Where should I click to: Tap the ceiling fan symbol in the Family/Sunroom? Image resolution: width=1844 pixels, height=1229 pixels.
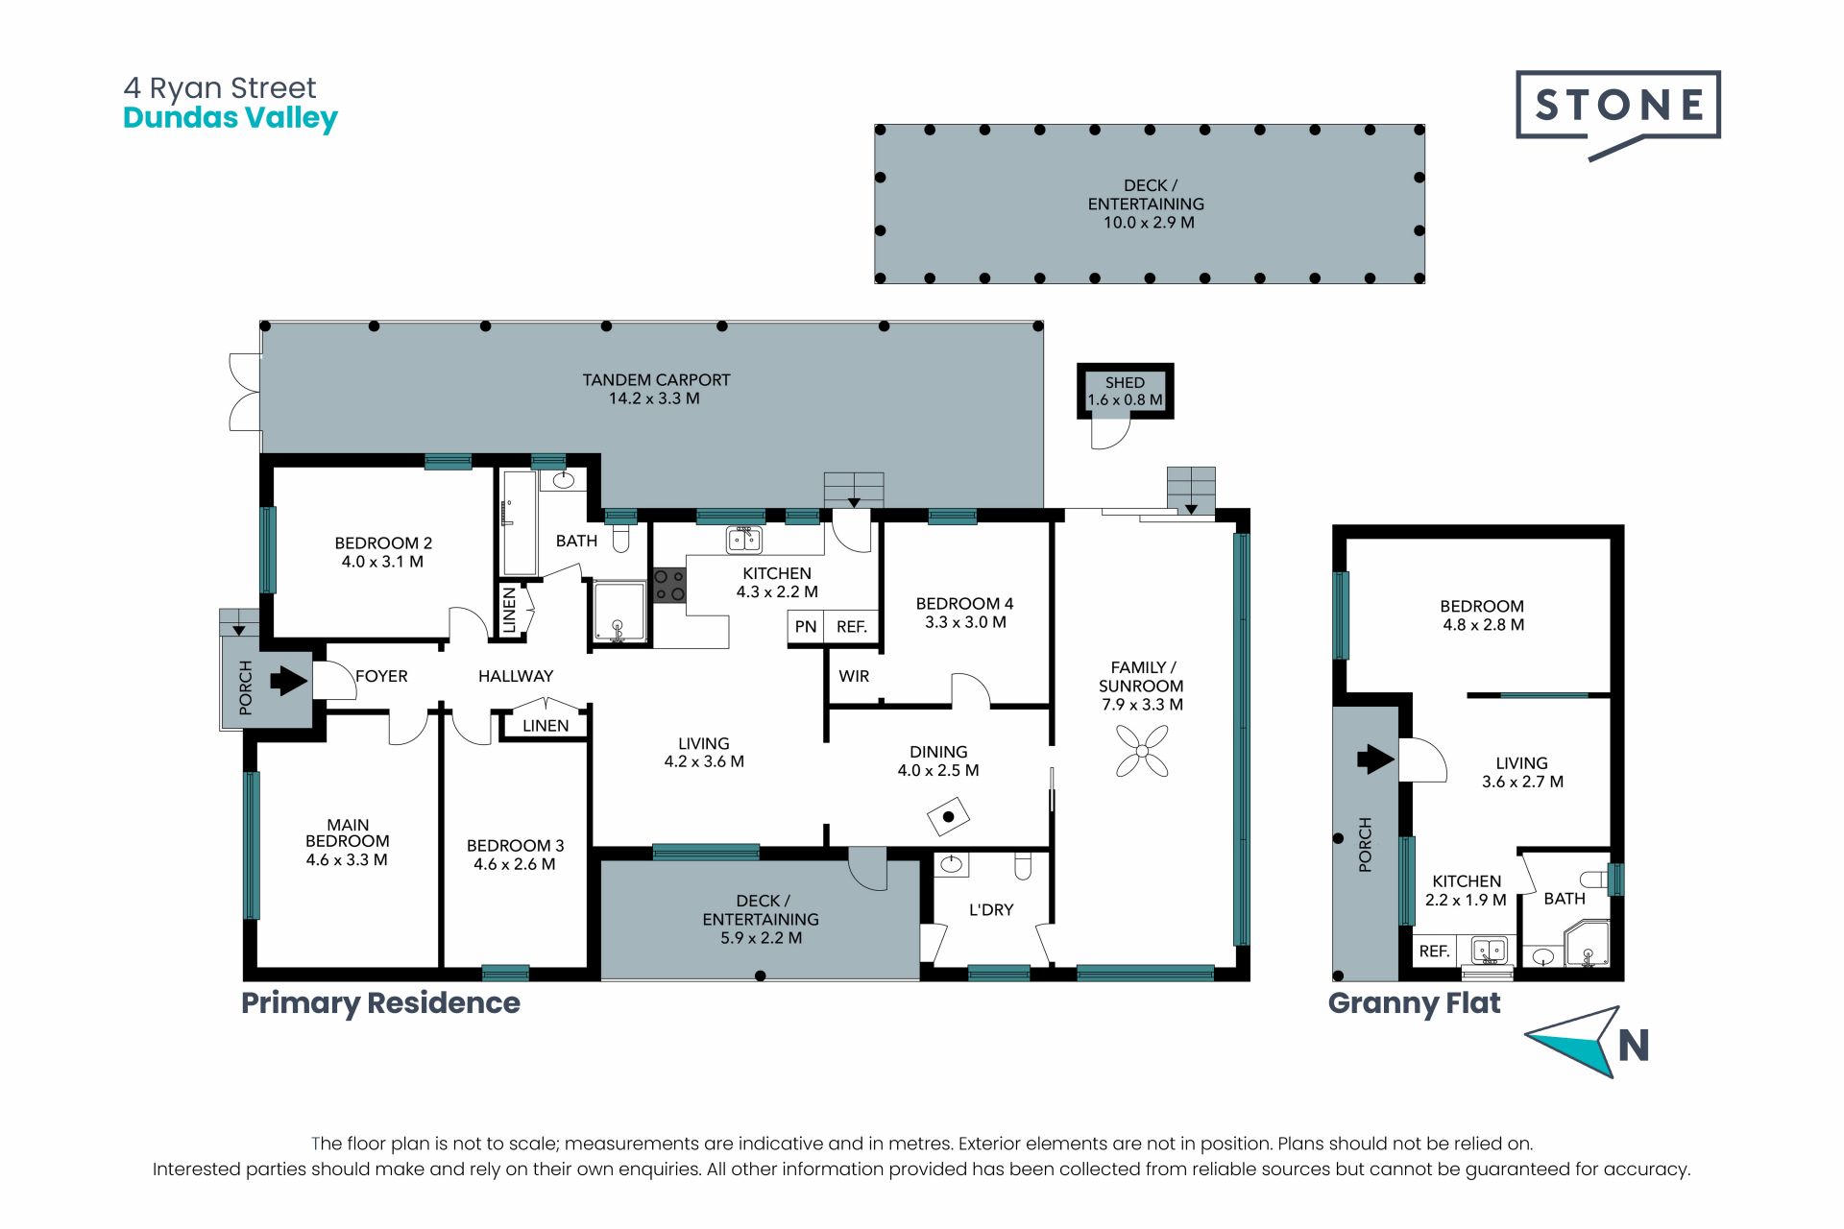[x=1142, y=750]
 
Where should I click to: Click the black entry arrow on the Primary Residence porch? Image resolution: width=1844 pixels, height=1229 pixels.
[x=288, y=681]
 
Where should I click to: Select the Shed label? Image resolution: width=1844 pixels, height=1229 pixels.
[x=1125, y=382]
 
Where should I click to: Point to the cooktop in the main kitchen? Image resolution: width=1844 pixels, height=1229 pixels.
[x=669, y=585]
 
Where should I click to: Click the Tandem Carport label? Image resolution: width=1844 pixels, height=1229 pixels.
[x=656, y=380]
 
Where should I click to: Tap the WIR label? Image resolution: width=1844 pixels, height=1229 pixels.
[x=854, y=676]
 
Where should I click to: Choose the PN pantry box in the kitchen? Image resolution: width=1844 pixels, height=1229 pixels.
[x=806, y=627]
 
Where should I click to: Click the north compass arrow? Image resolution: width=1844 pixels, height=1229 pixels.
[x=1575, y=1041]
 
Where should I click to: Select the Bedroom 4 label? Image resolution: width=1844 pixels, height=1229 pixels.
[x=964, y=604]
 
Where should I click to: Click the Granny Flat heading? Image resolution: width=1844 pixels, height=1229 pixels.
[x=1414, y=1003]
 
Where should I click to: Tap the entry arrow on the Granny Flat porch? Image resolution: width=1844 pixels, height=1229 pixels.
[x=1375, y=759]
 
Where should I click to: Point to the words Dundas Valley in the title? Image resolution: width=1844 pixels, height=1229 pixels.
[x=230, y=118]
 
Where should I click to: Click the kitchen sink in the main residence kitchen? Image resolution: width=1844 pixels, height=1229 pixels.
[x=743, y=540]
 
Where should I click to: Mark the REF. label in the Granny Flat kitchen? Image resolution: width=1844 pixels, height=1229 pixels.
[x=1434, y=951]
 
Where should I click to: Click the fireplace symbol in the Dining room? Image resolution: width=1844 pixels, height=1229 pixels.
[x=948, y=818]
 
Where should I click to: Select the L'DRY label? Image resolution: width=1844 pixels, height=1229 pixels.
[x=991, y=909]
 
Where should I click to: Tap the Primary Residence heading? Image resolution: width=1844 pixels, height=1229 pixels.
[x=380, y=1003]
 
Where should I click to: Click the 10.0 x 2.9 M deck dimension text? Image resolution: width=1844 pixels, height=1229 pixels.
[x=1149, y=223]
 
